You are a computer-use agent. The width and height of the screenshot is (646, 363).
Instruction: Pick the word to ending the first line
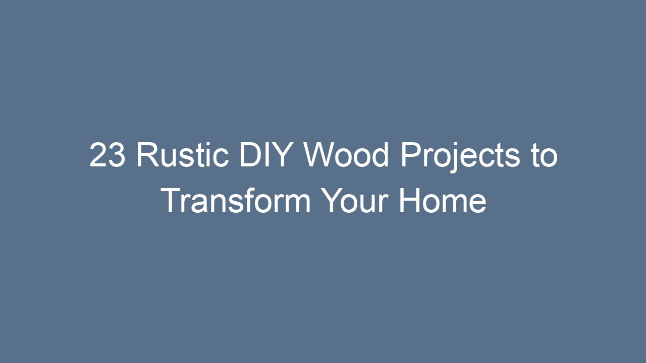coord(545,156)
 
